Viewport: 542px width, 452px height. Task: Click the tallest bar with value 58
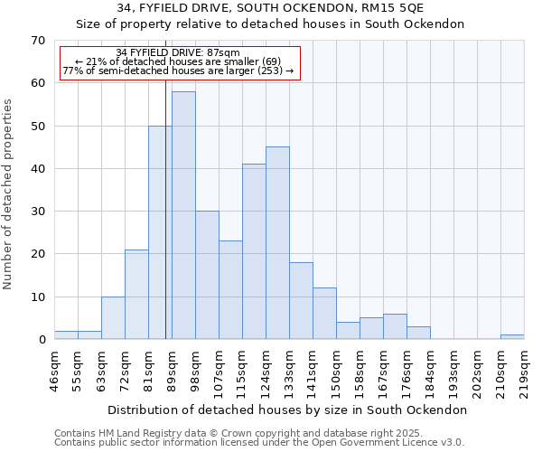(183, 215)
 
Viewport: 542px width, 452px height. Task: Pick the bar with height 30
(207, 275)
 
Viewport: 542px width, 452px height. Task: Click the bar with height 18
(301, 300)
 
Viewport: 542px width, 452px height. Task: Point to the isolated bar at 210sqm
(512, 337)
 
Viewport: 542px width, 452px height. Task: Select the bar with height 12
(324, 313)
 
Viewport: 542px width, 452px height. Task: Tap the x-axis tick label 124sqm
(266, 371)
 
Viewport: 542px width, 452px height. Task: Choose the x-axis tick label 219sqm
(524, 371)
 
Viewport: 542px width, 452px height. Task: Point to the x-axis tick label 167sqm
(383, 371)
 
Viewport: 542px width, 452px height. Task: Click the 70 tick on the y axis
(37, 41)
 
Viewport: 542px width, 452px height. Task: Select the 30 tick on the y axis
(37, 212)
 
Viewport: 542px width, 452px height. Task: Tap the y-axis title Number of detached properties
(8, 194)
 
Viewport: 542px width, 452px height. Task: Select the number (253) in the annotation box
(269, 71)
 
